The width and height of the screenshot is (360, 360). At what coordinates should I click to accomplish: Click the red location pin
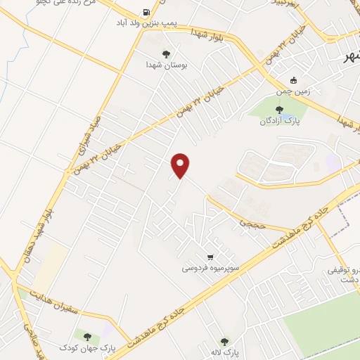tap(181, 165)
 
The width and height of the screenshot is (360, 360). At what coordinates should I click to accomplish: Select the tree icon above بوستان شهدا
tap(166, 53)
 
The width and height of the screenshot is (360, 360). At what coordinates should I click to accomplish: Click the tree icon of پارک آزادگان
tap(280, 110)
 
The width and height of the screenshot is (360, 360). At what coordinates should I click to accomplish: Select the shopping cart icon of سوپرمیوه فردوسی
tap(210, 257)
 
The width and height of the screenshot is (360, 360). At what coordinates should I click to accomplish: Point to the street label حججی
tap(250, 224)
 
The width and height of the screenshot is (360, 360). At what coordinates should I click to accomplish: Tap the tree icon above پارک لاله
tap(225, 341)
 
